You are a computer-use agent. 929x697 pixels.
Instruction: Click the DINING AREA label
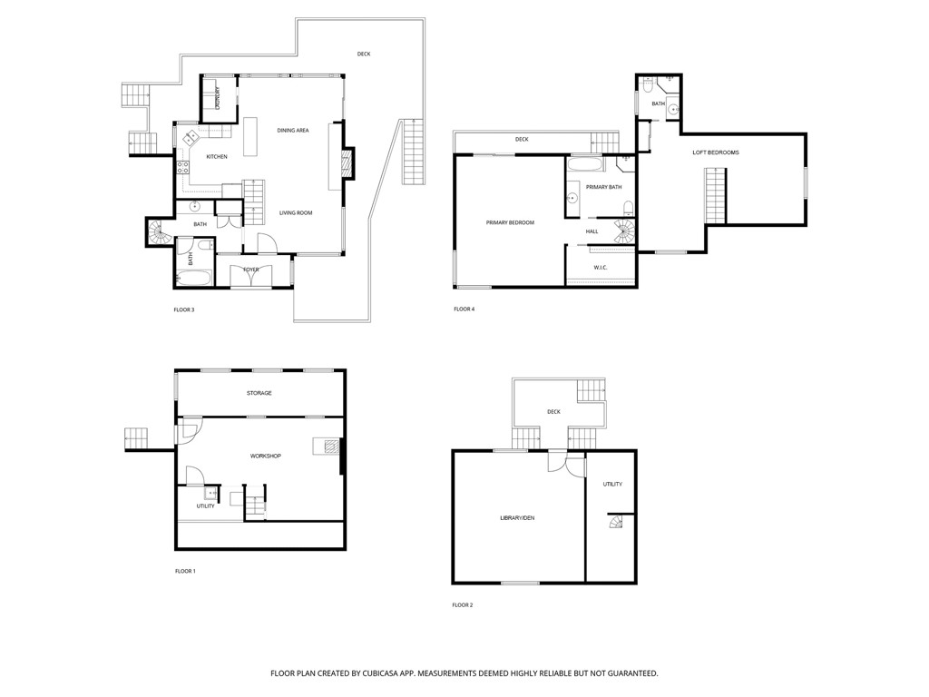point(293,131)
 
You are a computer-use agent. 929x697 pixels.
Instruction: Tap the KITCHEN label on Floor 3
point(217,157)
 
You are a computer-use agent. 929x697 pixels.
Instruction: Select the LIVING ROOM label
point(296,212)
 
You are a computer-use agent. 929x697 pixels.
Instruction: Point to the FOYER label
point(250,270)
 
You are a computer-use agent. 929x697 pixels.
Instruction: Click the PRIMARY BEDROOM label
point(510,222)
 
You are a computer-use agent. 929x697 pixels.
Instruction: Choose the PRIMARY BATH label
point(603,187)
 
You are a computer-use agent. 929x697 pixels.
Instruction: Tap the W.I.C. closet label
point(601,267)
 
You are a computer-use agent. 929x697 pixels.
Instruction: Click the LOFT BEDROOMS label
point(716,152)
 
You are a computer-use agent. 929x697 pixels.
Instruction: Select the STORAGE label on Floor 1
point(259,393)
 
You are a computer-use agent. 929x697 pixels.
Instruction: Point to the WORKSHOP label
point(266,456)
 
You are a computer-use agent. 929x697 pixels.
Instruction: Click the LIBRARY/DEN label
point(517,517)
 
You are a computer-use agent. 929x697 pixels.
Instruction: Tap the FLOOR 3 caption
point(184,310)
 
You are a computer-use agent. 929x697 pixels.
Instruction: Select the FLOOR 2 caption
point(463,604)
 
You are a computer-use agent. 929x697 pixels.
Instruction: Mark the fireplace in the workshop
point(331,447)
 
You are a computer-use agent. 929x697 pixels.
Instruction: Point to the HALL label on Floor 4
point(592,231)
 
